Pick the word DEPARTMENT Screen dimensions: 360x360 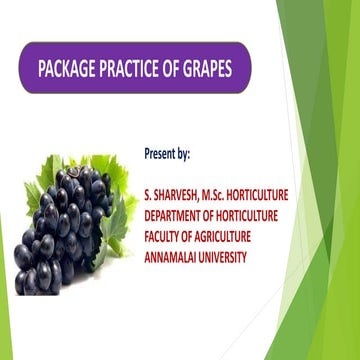click(178, 216)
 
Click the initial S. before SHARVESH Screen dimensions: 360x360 click(148, 197)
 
